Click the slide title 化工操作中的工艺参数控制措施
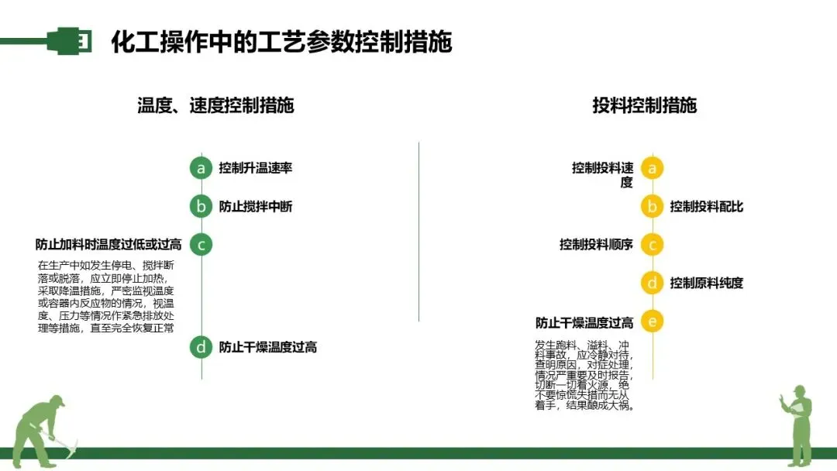(281, 41)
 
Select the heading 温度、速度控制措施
(215, 105)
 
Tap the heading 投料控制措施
(644, 105)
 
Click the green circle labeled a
(201, 168)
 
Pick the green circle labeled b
(201, 207)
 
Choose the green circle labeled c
(201, 245)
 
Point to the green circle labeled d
(201, 347)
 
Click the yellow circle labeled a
(652, 168)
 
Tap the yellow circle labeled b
(652, 207)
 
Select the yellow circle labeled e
(652, 321)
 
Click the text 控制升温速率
(255, 168)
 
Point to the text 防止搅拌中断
(255, 207)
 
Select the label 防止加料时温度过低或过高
(108, 245)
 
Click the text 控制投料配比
(706, 207)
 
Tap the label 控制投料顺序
(596, 245)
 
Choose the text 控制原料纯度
(706, 283)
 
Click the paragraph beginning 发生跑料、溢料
(584, 375)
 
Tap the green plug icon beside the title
(68, 40)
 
